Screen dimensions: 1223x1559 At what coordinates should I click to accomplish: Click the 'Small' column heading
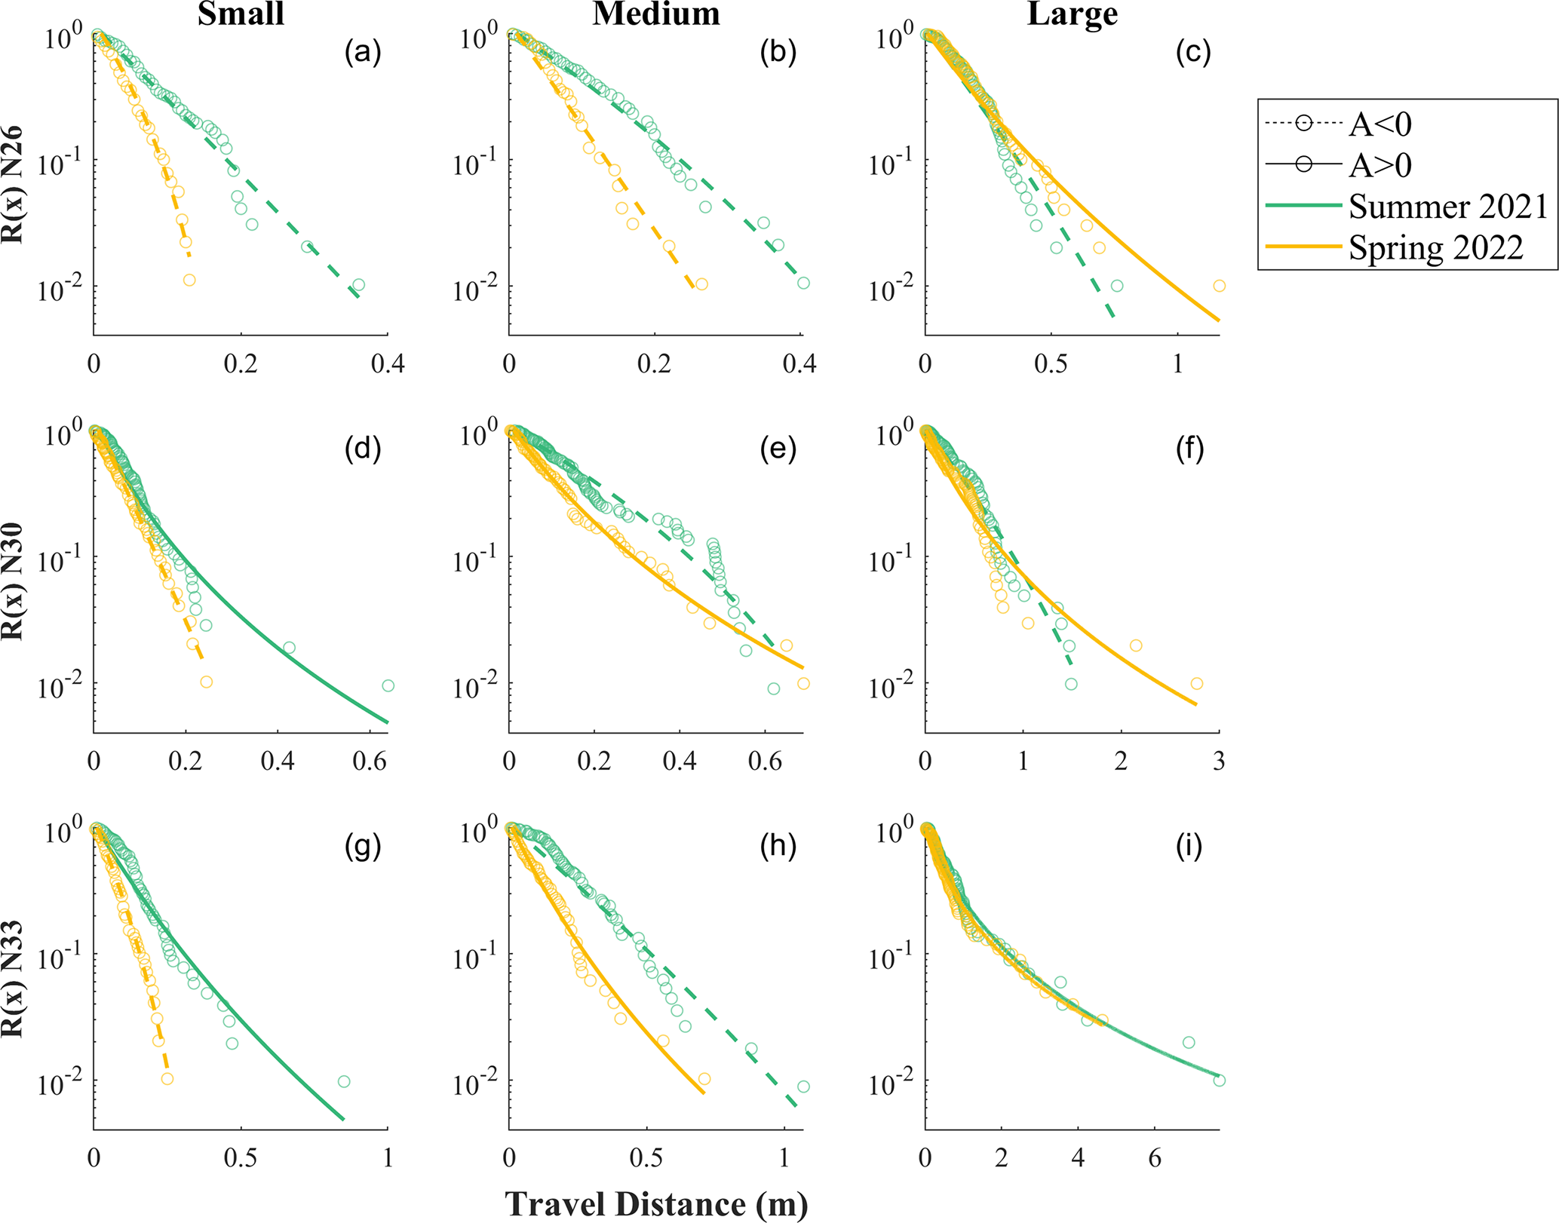pyautogui.click(x=241, y=14)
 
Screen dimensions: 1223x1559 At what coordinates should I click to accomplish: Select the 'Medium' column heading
pyautogui.click(x=655, y=14)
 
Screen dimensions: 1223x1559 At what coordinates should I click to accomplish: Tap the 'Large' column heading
pyautogui.click(x=1072, y=14)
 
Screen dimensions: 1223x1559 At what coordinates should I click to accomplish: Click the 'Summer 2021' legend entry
pyautogui.click(x=1447, y=207)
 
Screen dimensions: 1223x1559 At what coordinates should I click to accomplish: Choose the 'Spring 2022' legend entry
pyautogui.click(x=1435, y=248)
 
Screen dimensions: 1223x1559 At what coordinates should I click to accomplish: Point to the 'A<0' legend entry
pyautogui.click(x=1379, y=124)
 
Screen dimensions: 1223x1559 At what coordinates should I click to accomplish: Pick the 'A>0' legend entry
pyautogui.click(x=1379, y=165)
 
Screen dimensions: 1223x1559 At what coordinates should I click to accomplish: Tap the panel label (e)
pyautogui.click(x=778, y=449)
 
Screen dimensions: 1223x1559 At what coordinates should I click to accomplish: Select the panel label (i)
pyautogui.click(x=1189, y=846)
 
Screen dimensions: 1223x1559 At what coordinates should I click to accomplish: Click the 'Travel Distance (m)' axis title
pyautogui.click(x=655, y=1203)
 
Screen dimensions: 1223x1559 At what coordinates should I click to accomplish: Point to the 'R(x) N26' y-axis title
pyautogui.click(x=14, y=185)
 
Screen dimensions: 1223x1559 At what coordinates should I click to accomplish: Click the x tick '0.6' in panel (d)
pyautogui.click(x=370, y=761)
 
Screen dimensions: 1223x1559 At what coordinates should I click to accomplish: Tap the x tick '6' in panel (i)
pyautogui.click(x=1155, y=1158)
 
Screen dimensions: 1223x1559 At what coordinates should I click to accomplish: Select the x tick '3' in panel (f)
pyautogui.click(x=1219, y=761)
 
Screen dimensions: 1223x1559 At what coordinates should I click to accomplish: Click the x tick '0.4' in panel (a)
pyautogui.click(x=388, y=364)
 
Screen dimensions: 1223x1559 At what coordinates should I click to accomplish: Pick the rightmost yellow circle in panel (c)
pyautogui.click(x=1219, y=286)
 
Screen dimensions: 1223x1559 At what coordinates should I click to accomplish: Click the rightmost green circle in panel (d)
pyautogui.click(x=388, y=685)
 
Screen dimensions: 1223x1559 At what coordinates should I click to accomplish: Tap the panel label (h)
pyautogui.click(x=778, y=846)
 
